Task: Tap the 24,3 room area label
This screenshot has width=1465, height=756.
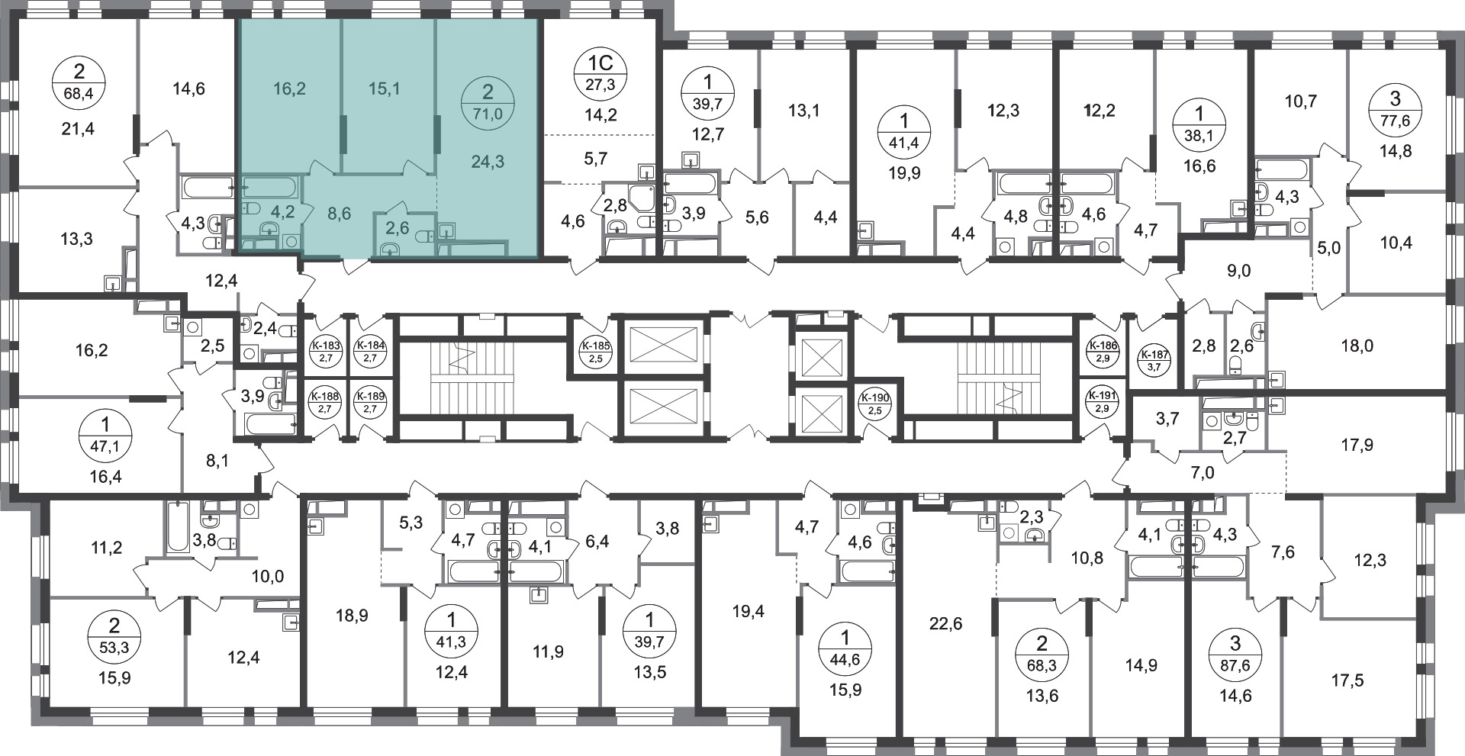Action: click(x=488, y=162)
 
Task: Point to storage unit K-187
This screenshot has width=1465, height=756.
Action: click(x=1149, y=359)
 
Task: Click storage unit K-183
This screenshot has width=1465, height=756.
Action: click(x=326, y=352)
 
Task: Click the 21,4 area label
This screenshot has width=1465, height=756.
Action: click(x=79, y=129)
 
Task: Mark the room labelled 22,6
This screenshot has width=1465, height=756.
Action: click(x=946, y=624)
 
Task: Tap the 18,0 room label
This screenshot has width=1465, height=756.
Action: click(x=1357, y=346)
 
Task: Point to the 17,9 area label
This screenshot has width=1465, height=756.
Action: click(x=1357, y=444)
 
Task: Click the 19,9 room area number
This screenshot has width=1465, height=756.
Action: click(x=904, y=172)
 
